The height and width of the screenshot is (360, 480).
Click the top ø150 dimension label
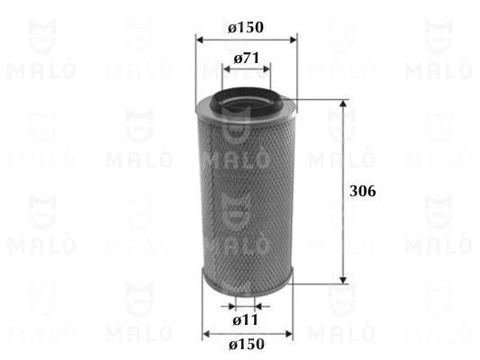point(246,27)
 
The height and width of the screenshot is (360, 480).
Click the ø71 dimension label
point(247,58)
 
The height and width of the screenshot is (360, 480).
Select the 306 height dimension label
point(362,191)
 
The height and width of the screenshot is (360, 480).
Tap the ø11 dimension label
point(245,320)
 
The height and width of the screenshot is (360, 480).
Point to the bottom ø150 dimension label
point(247,344)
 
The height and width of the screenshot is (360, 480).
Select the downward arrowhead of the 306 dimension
point(343,280)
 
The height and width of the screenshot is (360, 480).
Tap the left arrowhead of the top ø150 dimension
point(200,40)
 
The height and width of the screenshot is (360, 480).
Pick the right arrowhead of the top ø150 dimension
point(293,40)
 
